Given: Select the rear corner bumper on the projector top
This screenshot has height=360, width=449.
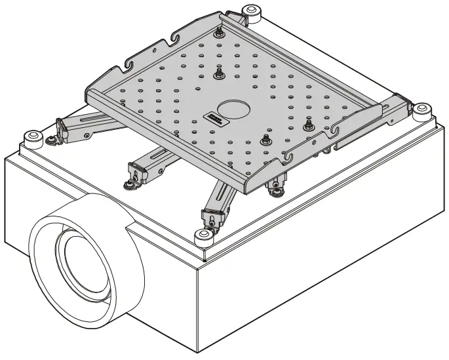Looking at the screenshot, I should tap(251, 11).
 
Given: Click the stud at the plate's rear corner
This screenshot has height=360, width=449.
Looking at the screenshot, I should tap(219, 33).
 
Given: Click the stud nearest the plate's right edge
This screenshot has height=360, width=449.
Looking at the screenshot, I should tap(307, 125).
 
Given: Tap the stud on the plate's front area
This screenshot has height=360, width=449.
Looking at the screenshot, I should tap(265, 140).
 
